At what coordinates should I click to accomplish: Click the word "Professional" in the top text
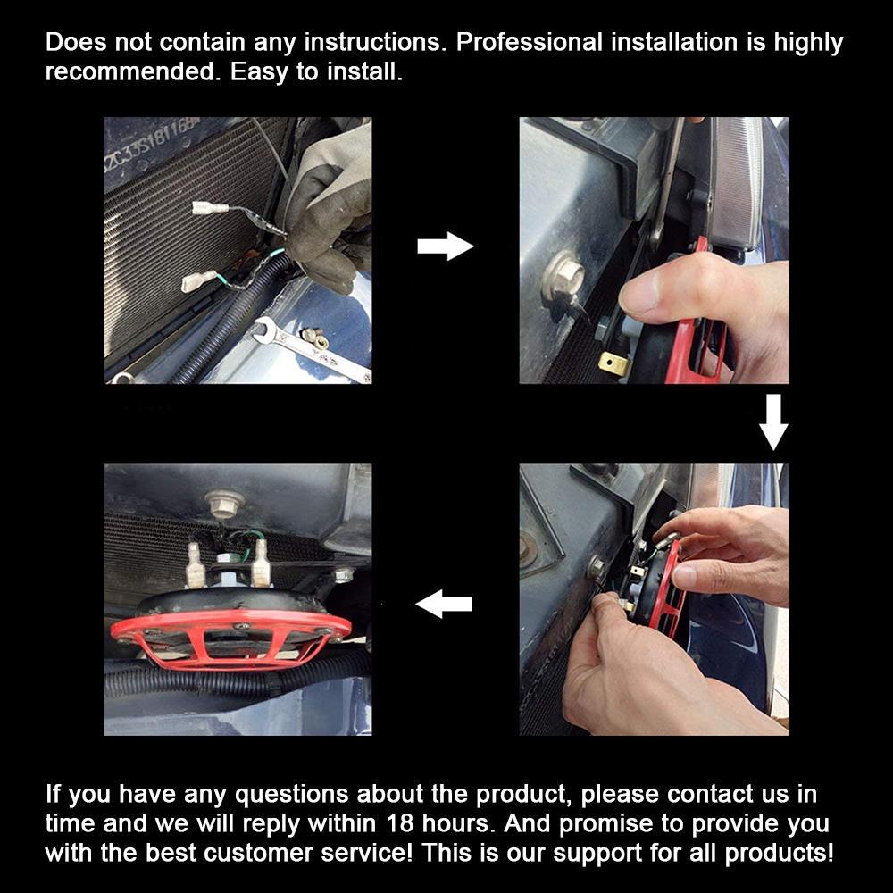529,42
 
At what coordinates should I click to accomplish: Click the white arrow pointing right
446,246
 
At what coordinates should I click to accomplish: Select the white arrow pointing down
773,422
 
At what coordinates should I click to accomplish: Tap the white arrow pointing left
444,604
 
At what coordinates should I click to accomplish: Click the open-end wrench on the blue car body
312,349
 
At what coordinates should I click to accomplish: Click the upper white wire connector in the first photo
210,208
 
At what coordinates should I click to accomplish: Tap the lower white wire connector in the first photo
198,280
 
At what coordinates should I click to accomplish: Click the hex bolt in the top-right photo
563,277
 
